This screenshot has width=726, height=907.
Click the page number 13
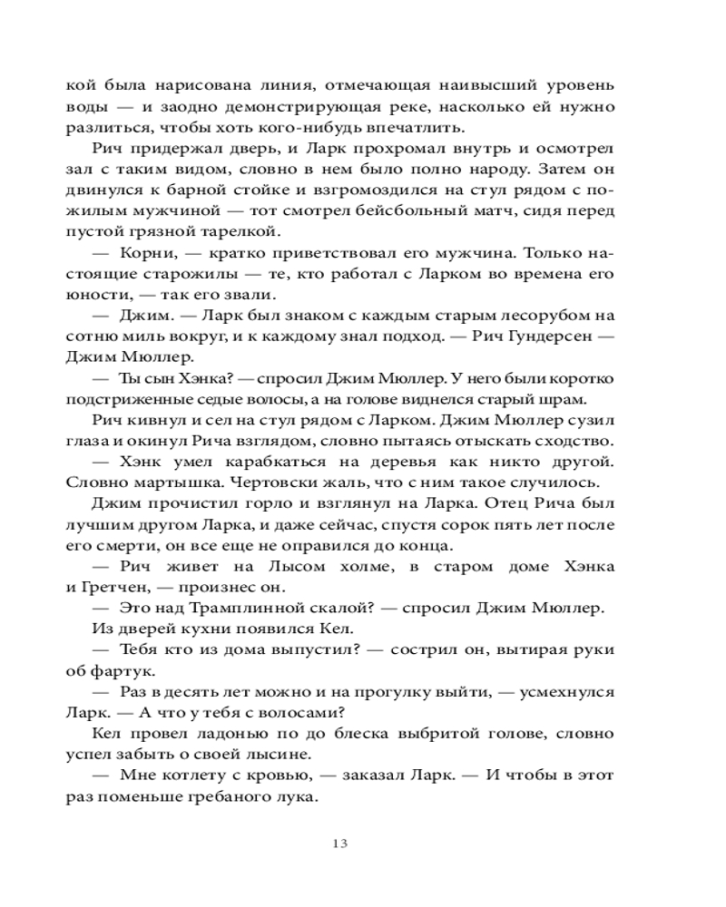[x=341, y=844]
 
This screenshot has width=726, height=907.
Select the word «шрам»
[x=572, y=400]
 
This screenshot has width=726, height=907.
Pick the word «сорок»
[x=459, y=525]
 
